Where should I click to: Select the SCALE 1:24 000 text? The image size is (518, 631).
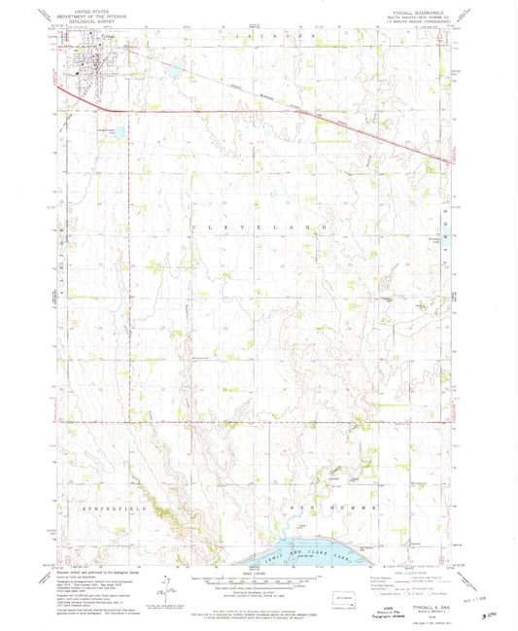point(259,574)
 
